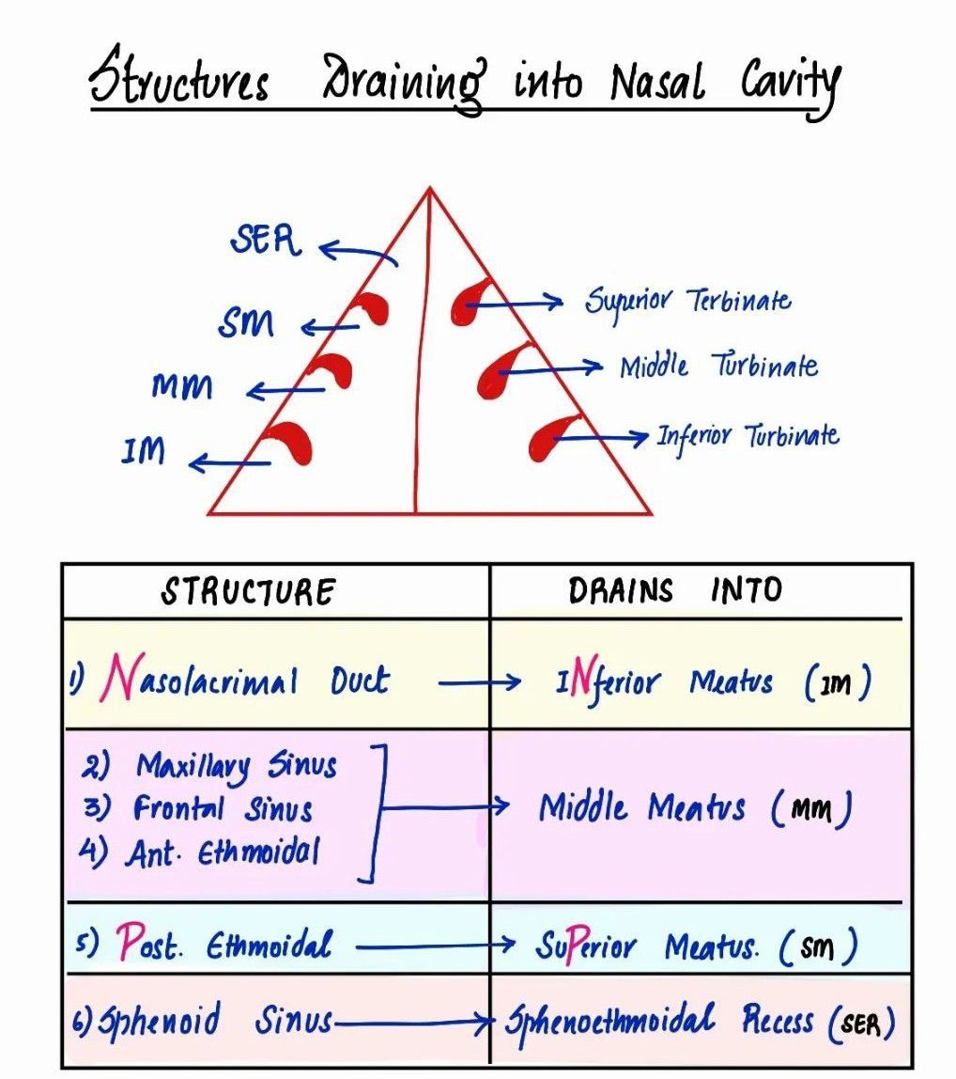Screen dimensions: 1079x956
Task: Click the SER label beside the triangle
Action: coord(266,242)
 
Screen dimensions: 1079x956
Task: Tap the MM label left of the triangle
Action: coord(181,386)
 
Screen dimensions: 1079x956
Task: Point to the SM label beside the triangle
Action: coord(246,325)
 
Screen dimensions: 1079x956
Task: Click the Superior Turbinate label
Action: coord(688,302)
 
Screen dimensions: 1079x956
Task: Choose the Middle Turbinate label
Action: coord(718,366)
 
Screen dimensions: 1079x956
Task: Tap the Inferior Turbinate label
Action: coord(748,435)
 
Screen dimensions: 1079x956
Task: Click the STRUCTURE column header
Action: coord(248,592)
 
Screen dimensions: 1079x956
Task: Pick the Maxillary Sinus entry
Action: coord(236,767)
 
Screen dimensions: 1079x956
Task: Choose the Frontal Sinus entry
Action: coord(223,808)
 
